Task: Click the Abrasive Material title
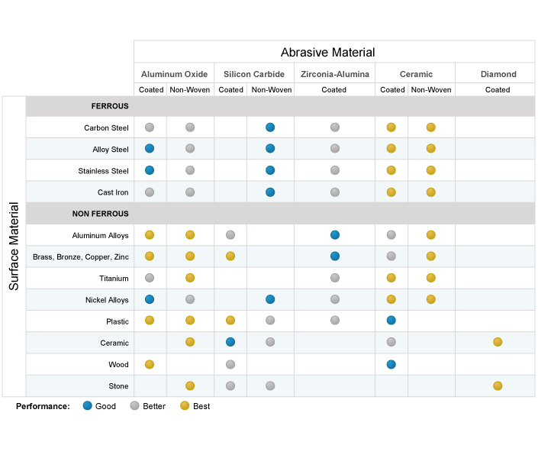tap(327, 52)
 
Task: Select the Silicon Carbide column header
tap(254, 74)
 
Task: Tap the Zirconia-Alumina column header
tap(335, 74)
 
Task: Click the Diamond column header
tap(498, 74)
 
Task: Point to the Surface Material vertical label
tap(14, 246)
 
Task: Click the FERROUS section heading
tap(110, 106)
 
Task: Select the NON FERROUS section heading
tap(100, 214)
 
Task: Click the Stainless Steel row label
tap(103, 171)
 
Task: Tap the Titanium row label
tap(114, 279)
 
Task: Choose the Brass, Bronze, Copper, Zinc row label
tap(81, 256)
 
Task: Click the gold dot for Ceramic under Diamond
tap(498, 342)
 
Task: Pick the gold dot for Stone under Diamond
tap(498, 386)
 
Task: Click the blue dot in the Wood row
tap(391, 364)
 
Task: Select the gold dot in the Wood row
tap(150, 364)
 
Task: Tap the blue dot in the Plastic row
tap(391, 321)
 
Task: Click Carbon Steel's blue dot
tap(270, 127)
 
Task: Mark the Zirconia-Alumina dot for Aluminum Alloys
tap(335, 235)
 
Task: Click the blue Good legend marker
tap(88, 406)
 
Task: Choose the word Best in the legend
tap(201, 406)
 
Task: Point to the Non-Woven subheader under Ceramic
tap(431, 89)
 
